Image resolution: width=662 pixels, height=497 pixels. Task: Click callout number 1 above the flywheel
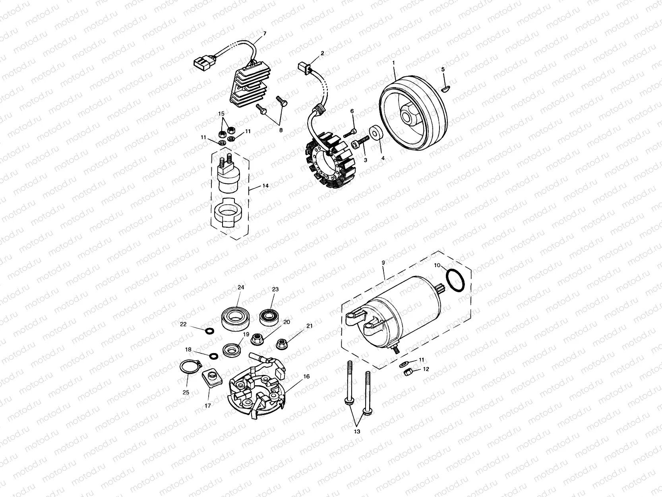click(393, 63)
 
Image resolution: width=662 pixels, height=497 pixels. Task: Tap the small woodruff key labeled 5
click(445, 87)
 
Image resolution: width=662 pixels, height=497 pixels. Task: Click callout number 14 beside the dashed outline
click(265, 186)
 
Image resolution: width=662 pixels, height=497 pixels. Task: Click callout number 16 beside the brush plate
click(306, 376)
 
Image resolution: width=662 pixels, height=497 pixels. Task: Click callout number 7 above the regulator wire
click(265, 33)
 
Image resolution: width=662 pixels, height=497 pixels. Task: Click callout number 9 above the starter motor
click(383, 263)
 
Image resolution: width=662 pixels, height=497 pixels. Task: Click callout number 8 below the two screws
click(281, 130)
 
